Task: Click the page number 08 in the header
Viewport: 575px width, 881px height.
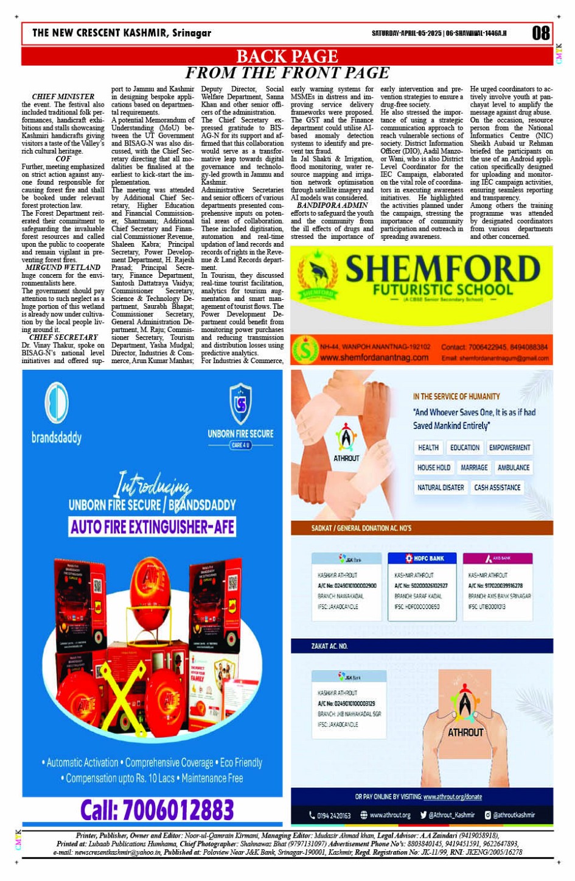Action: [540, 33]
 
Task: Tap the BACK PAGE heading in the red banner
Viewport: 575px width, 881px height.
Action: [287, 57]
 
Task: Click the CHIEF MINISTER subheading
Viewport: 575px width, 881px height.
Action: [63, 96]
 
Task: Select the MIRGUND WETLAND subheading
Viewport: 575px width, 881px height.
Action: [63, 267]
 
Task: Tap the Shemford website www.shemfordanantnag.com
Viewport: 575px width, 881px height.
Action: [374, 358]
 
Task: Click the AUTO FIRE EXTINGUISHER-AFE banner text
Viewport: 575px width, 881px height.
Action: [152, 526]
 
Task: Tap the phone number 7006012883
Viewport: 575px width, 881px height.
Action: [157, 810]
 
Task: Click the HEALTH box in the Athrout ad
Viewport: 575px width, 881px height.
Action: [428, 448]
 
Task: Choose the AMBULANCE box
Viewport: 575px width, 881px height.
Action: [513, 468]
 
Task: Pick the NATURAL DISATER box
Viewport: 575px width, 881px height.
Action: [441, 487]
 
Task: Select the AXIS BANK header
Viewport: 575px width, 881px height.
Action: [498, 558]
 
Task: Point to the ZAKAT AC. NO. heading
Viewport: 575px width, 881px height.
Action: [329, 646]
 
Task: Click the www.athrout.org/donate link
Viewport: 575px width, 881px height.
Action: [452, 796]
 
